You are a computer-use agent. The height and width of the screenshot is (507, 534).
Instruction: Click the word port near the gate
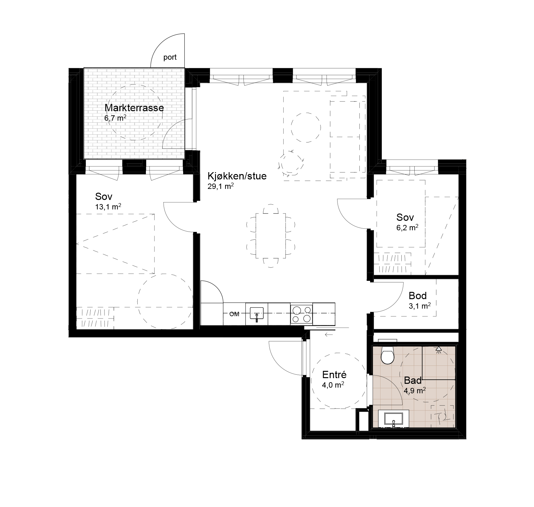[170, 58]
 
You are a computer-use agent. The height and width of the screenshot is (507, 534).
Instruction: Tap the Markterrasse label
[134, 108]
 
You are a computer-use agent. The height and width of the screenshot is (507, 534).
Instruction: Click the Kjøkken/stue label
[237, 176]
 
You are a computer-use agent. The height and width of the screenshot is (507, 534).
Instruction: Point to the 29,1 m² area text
[220, 186]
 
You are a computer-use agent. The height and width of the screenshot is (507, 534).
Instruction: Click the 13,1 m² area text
[108, 207]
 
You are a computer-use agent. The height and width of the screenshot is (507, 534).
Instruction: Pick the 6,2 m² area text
[407, 228]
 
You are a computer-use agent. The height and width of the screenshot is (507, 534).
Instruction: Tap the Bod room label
[417, 296]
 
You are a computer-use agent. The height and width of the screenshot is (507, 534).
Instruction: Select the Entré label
[334, 375]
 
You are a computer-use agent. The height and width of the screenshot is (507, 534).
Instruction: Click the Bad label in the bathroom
[413, 380]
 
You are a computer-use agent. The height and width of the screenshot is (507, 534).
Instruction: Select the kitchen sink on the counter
[256, 314]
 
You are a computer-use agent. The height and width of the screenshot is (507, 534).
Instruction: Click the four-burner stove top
[301, 314]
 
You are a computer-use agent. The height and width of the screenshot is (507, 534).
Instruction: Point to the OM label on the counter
[234, 314]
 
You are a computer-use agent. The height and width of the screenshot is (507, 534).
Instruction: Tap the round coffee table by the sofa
[305, 128]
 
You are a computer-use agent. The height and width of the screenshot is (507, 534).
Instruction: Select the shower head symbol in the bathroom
[438, 349]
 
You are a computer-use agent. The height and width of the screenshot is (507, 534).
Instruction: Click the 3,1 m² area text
[420, 306]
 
